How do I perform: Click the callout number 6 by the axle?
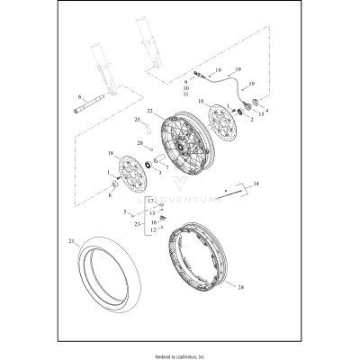[79, 97]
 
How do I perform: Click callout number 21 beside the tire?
[71, 242]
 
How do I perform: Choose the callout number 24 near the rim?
[240, 287]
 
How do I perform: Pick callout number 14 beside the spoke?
[256, 184]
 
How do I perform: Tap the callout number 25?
[137, 120]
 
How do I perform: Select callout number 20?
[139, 143]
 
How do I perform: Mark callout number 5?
[126, 211]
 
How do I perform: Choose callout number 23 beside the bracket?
[137, 225]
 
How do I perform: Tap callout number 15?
[261, 115]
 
